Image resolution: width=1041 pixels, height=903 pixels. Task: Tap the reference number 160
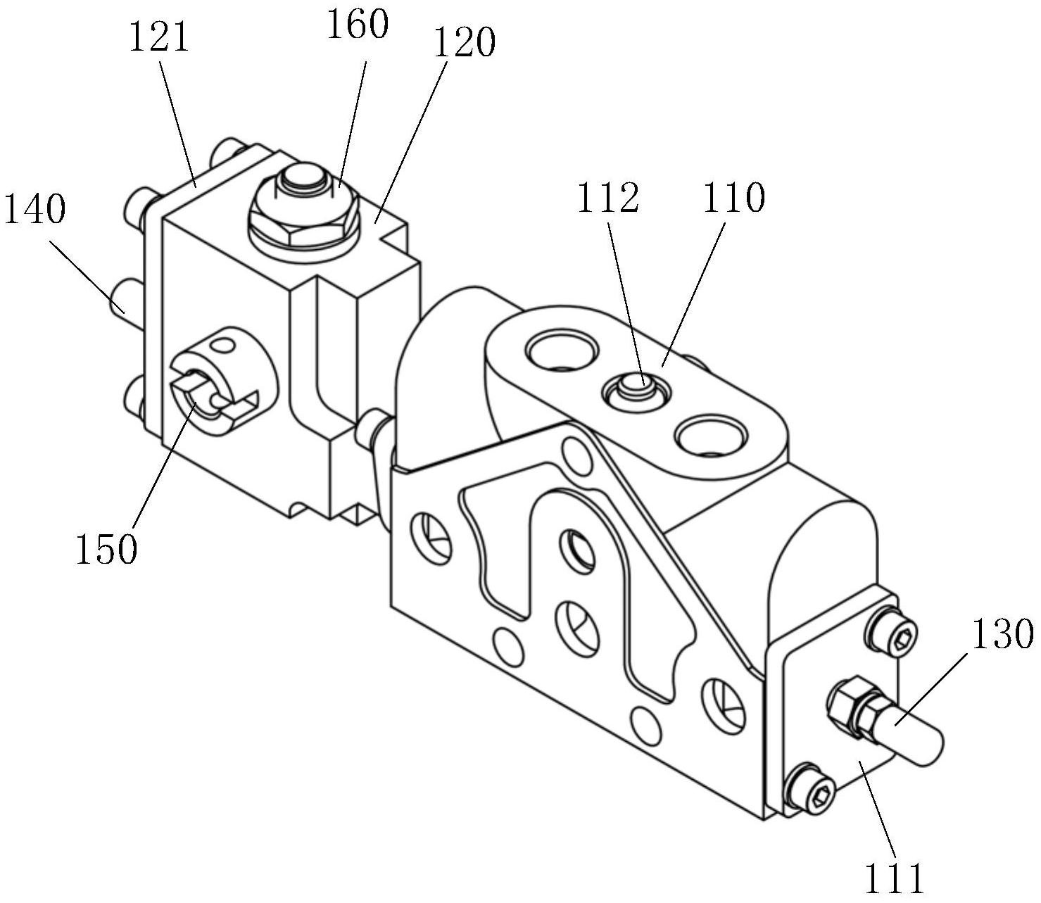click(357, 24)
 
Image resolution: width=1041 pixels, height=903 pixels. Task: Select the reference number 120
click(464, 42)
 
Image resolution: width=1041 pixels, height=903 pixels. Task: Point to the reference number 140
click(34, 209)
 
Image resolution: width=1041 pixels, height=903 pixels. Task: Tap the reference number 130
click(1003, 634)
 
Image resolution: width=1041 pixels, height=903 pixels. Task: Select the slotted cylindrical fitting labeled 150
click(224, 379)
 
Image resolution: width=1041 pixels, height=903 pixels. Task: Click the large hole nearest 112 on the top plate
click(560, 351)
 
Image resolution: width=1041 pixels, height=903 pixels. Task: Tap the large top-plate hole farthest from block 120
click(711, 436)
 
